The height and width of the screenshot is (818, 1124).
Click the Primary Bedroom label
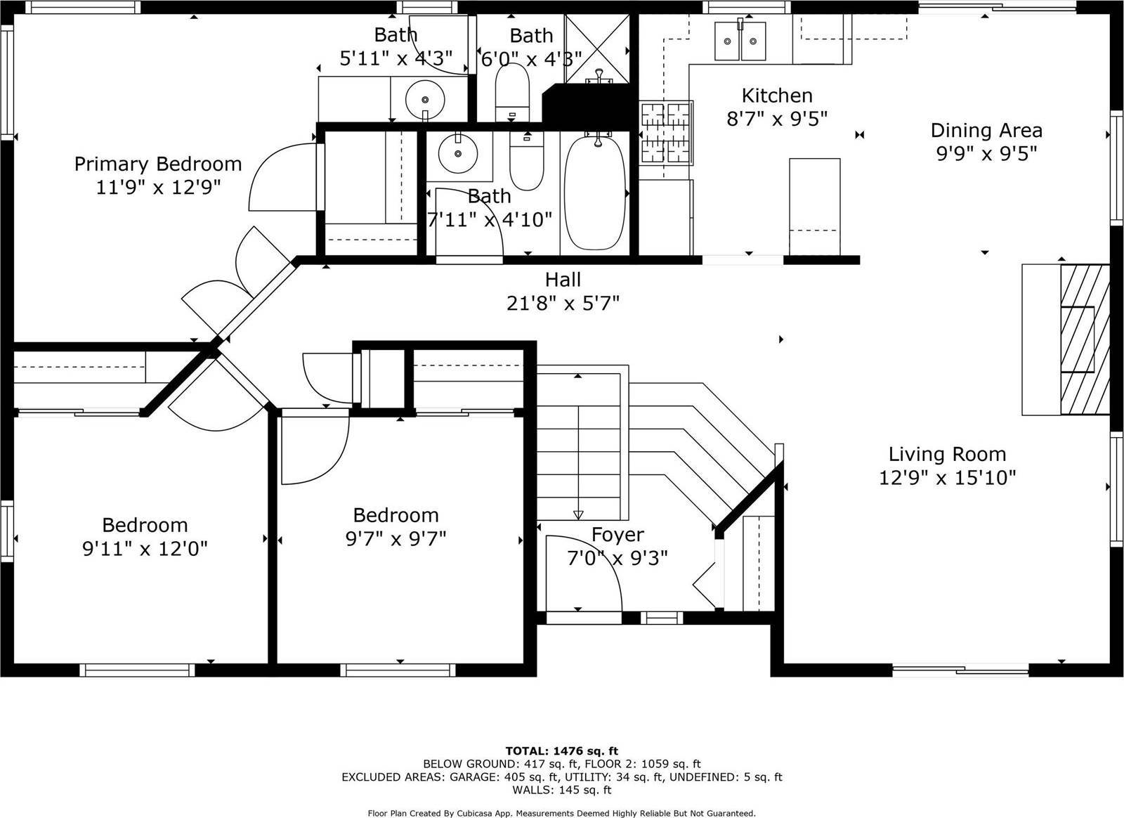coord(158,164)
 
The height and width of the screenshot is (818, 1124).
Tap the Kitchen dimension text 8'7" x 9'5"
coord(777,118)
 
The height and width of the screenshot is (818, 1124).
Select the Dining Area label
coord(986,131)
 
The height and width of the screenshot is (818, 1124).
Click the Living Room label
coord(947,454)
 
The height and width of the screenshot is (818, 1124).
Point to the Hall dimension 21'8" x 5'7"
coord(563,303)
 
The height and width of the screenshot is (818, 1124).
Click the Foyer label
coord(617,535)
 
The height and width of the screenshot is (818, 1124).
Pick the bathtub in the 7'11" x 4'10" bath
coord(596,193)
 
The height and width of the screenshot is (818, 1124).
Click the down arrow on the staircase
coord(578,514)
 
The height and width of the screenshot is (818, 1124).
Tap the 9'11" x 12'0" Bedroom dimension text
coord(145,549)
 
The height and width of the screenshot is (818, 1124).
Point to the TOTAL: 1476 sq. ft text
coord(561,751)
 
